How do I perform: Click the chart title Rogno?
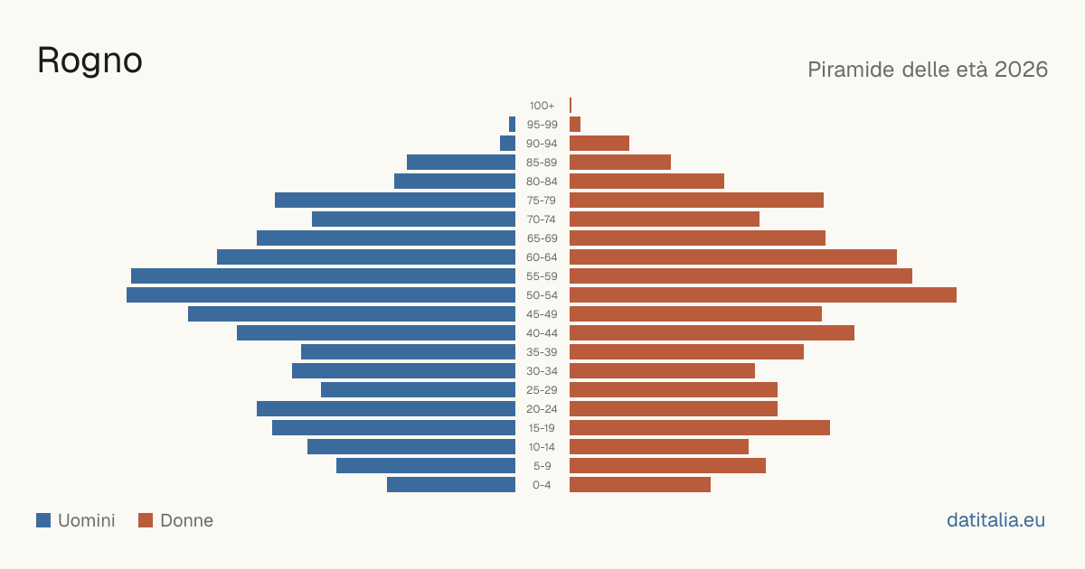90,61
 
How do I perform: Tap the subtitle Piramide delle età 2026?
928,70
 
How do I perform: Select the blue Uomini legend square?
43,520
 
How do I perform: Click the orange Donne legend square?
146,520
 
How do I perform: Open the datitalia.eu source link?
995,520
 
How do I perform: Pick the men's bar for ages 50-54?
321,295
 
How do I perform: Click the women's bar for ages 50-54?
763,295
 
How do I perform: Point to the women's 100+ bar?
571,106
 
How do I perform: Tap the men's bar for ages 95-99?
512,125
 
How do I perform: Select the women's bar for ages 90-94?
599,144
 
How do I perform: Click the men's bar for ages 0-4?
451,485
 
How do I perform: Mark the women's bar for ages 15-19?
700,428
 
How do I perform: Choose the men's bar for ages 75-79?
395,201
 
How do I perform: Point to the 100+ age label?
542,106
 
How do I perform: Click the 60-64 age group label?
542,257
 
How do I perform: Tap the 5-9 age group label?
542,466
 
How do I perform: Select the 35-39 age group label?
542,352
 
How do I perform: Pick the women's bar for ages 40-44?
712,333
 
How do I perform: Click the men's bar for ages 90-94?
507,144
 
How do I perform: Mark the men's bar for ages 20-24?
386,409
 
